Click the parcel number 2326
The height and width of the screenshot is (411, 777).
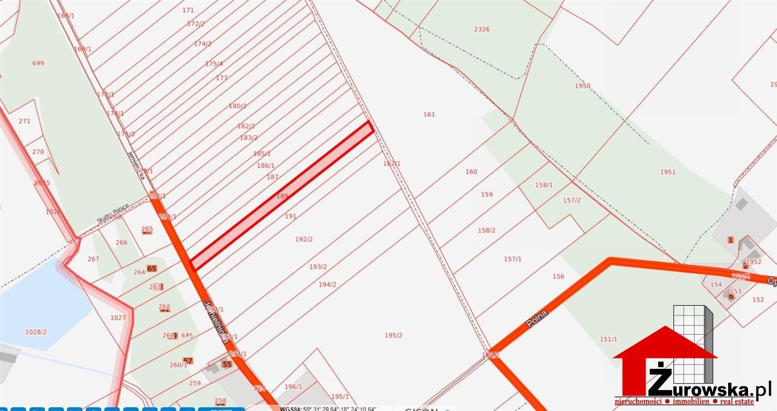481,29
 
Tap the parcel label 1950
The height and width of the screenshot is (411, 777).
582,86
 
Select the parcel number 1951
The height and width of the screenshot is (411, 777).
668,172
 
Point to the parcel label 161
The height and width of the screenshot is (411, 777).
429,114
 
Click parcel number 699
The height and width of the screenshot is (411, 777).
38,63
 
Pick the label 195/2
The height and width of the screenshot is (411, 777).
393,335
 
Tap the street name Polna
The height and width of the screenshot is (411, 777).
536,319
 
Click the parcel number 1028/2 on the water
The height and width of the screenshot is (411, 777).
36,332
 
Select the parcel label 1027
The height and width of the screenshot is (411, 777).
118,318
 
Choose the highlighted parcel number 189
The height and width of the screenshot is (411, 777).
283,196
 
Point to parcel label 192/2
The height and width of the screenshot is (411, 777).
304,239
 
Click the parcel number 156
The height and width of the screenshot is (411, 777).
558,277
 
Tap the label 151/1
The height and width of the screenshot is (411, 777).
608,339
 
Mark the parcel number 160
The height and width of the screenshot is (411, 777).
471,172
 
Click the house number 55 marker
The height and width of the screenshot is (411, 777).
227,364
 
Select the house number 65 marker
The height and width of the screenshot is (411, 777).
151,268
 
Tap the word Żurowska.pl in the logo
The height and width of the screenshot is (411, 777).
711,389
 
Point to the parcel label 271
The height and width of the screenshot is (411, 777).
24,121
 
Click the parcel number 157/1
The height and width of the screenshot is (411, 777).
513,259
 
